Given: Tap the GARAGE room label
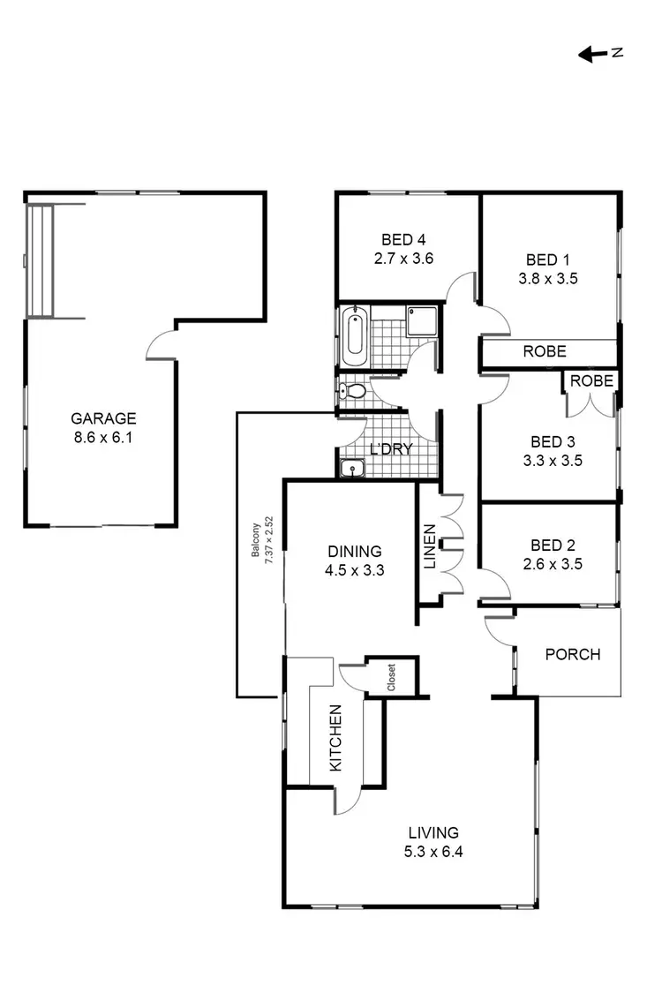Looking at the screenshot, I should point(103,418).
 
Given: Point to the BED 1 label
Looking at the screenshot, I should point(547,260).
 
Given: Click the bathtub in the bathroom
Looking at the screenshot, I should point(354,335).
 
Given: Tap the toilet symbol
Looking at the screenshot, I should point(353,391).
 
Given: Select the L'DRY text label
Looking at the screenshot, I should point(391,449).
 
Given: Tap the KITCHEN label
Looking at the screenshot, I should point(336,738).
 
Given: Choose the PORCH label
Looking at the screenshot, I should point(572,654).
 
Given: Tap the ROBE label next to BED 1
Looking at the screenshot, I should point(545,351).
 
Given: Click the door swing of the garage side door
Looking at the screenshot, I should point(159,344).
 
